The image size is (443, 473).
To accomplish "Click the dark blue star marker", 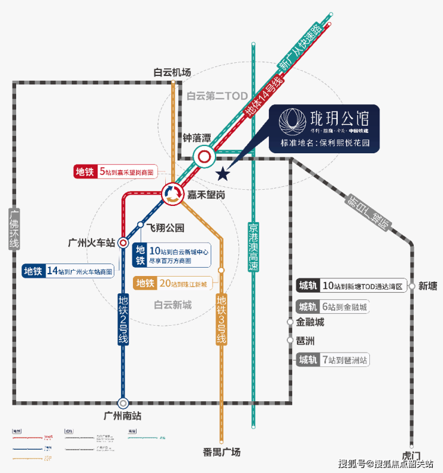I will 223,174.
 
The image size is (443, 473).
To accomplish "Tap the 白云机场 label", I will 172,72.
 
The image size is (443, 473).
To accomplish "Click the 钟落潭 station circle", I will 205,157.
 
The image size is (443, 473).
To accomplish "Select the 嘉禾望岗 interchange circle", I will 173,193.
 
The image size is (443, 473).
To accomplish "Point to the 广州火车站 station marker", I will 123,242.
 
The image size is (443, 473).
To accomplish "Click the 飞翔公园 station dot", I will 140,225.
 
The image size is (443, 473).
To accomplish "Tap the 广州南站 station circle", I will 123,403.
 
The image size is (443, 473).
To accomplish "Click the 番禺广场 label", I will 221,452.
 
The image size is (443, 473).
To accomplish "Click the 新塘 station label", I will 429,286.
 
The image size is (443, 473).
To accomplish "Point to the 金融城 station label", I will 310,322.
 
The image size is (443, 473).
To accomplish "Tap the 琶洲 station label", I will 305,341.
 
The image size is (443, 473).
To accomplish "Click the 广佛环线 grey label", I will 14,228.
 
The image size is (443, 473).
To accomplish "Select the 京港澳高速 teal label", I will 254,246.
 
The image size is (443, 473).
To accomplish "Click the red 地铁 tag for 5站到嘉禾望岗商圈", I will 85,171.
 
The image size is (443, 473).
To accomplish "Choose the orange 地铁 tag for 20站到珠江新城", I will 145,283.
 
